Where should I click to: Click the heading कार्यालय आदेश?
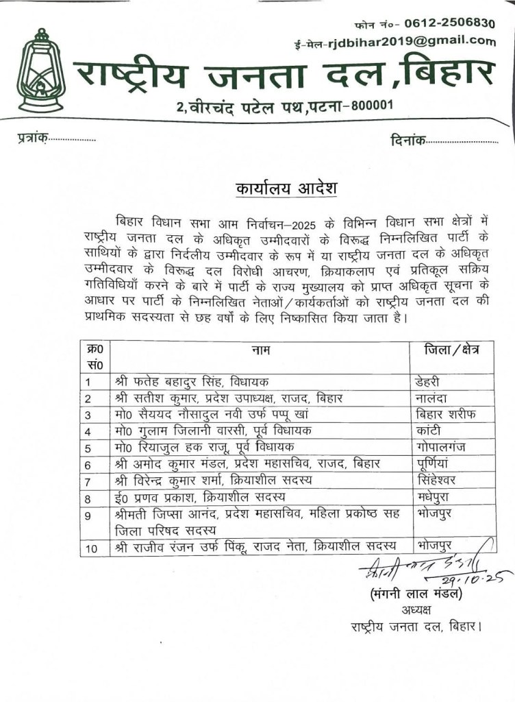277,187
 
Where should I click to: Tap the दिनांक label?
406,141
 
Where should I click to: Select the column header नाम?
260,350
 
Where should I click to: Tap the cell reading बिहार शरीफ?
445,415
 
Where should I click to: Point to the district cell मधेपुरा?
434,496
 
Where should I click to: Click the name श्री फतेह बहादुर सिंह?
164,382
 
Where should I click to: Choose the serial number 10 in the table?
92,547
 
